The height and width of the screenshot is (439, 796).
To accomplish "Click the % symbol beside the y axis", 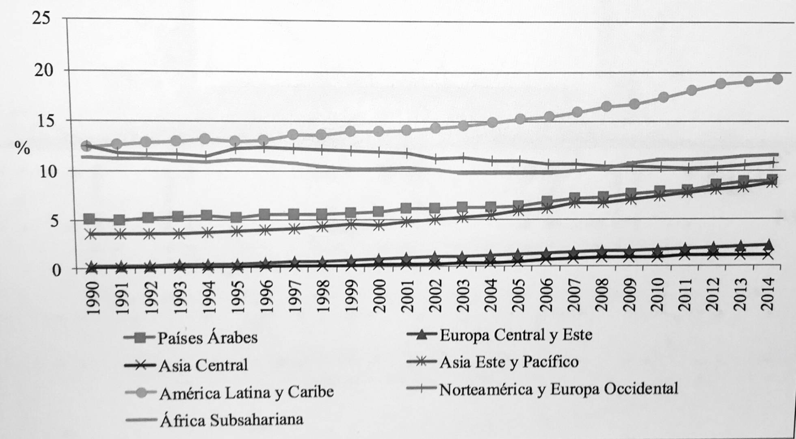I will [22, 148].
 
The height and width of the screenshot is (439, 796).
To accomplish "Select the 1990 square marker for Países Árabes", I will [90, 219].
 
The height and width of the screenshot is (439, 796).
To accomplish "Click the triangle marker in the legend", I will [422, 335].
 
